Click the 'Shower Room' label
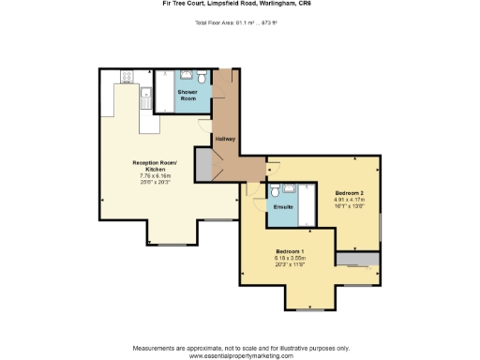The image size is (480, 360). [187, 95]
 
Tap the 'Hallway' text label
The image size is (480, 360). [225, 139]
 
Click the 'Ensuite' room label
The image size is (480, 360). [284, 207]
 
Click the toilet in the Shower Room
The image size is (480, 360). [204, 79]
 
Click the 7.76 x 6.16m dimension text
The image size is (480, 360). [154, 175]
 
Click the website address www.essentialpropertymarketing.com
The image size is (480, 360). [240, 356]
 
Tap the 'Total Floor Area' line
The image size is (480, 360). [240, 21]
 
